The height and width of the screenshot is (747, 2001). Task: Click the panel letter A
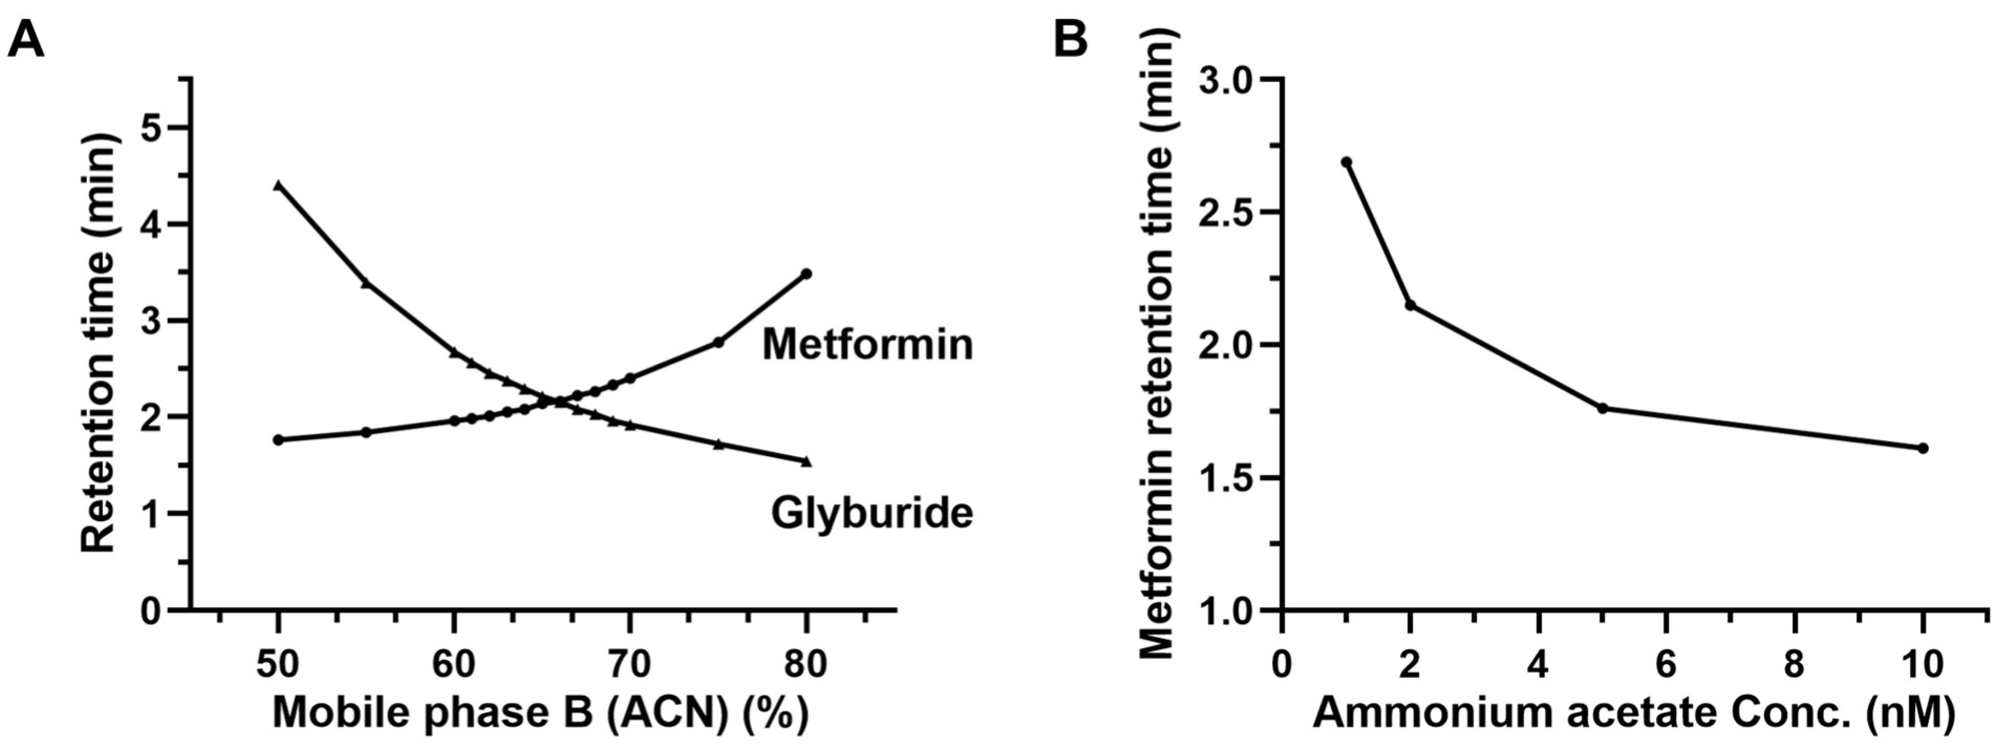coord(25,39)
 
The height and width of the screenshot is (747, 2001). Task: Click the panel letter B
coord(1070,37)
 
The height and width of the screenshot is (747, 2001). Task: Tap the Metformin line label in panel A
coord(867,344)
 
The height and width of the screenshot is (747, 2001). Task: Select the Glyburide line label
coord(872,513)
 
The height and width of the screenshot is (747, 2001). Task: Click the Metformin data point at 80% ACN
coord(806,274)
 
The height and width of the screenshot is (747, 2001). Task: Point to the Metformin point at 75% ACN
coord(718,342)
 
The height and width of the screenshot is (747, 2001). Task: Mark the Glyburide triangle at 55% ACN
coord(366,283)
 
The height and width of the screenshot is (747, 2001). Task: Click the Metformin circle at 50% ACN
coord(278,440)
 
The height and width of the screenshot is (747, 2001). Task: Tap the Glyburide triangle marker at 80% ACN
coord(806,461)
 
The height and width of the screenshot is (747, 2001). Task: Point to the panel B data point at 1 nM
coord(1347,162)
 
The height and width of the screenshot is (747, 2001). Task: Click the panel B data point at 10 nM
coord(1923,447)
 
